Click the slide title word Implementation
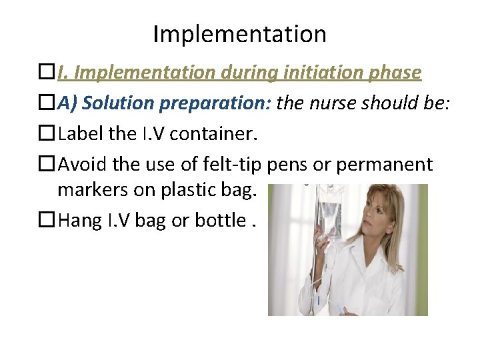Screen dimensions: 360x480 239,33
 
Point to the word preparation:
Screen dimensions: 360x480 214,103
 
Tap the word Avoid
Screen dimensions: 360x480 81,164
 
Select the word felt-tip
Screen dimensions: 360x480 236,164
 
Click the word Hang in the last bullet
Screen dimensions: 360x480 80,221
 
